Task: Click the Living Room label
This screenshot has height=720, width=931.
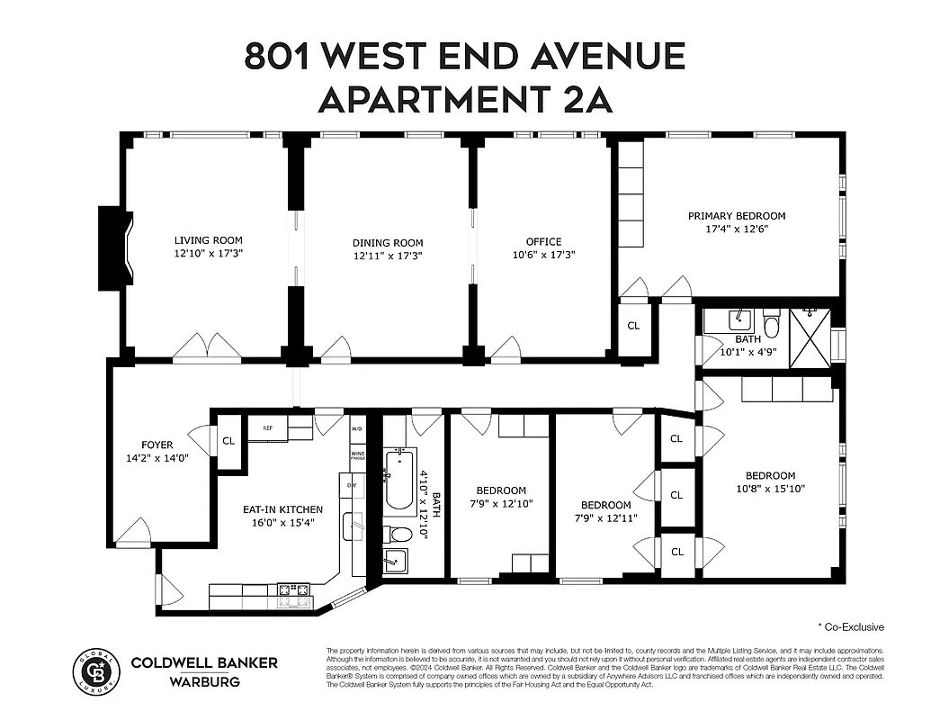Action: [208, 240]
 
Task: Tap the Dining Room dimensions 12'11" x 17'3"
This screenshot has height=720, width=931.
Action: [387, 256]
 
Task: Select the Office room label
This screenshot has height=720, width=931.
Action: [543, 241]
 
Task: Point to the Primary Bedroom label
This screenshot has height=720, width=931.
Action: [737, 216]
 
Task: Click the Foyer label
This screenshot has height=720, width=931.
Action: [157, 445]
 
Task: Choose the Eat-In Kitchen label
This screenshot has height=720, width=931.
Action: [282, 509]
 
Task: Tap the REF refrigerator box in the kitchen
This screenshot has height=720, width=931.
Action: [267, 427]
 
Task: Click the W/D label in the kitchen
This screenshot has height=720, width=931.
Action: [357, 428]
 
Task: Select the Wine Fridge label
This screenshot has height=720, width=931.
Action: [357, 456]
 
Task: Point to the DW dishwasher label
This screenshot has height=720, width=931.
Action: [352, 485]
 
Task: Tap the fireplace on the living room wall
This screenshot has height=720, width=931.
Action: [115, 248]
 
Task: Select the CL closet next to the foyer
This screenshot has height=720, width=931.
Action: [228, 441]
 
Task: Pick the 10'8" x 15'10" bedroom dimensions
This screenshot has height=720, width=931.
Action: [770, 490]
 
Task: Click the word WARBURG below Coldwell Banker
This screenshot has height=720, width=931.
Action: [204, 681]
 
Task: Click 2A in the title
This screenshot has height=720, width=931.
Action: [586, 98]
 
